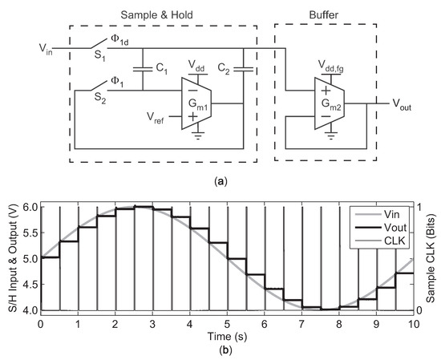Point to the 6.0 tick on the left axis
point(26,207)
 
